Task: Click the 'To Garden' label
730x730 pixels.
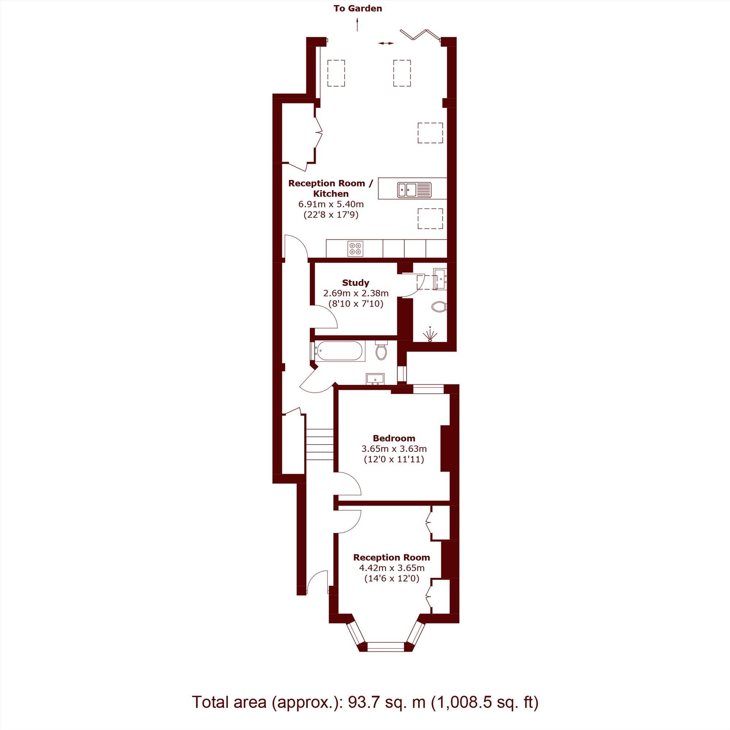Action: (357, 8)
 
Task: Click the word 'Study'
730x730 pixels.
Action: (356, 282)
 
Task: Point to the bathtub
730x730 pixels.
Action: (339, 351)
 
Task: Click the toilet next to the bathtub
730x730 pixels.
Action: (382, 350)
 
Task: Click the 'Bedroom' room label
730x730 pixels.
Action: (394, 438)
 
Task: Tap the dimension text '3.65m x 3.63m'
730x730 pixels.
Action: (394, 449)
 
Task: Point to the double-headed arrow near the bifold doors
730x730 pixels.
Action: (386, 44)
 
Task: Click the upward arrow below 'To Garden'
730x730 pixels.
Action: (357, 25)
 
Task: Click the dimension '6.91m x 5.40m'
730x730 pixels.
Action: (331, 204)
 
